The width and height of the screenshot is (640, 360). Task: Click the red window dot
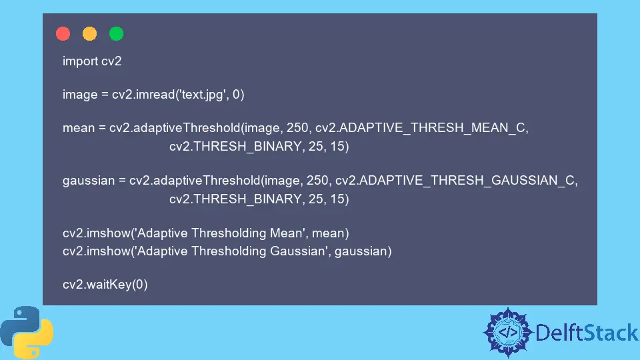point(63,33)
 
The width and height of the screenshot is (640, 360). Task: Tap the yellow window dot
point(90,33)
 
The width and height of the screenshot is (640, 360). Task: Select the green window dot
point(116,33)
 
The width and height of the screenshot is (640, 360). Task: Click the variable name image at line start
point(80,95)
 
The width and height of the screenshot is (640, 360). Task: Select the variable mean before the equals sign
point(79,128)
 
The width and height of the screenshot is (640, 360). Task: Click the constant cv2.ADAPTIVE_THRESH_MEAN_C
point(421,128)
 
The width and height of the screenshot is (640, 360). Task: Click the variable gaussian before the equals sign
point(89,181)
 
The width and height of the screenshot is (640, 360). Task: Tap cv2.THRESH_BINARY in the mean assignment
point(235,147)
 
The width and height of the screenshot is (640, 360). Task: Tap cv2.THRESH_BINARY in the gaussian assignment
point(235,199)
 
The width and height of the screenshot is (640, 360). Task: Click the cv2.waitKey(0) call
point(105,285)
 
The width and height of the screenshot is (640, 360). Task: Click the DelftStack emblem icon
point(508,333)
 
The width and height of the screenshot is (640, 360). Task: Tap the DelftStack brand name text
point(587,333)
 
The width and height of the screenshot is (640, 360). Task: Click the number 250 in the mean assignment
point(297,128)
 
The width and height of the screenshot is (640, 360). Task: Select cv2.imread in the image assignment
point(143,95)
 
